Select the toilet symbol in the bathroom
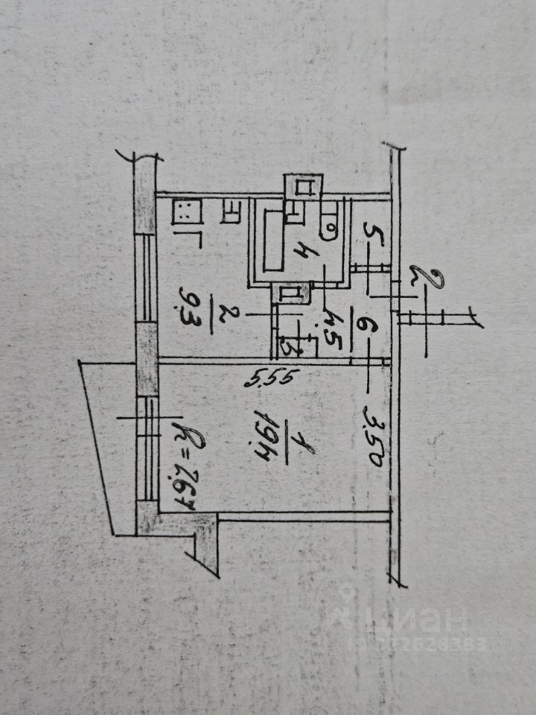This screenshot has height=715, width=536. [x=328, y=220]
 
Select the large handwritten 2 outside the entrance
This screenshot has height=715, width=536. [x=427, y=280]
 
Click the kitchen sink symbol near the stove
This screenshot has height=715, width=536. [x=230, y=213]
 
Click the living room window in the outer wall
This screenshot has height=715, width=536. [x=146, y=447]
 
